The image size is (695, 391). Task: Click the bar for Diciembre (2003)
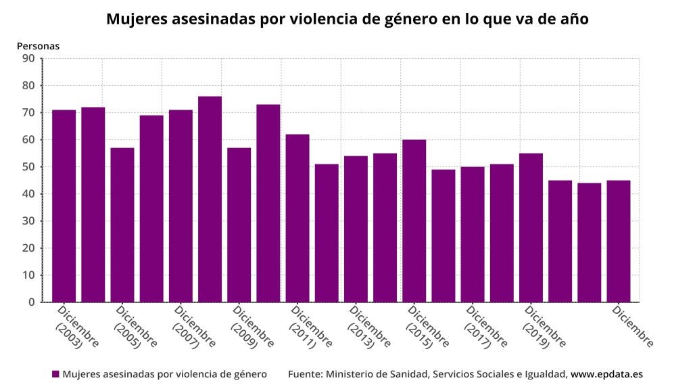tap(64, 206)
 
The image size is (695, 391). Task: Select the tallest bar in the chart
tap(210, 199)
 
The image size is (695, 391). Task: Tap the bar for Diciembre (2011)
tap(297, 218)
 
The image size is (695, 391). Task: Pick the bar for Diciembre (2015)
tap(414, 221)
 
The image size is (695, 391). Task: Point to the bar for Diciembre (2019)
tap(531, 227)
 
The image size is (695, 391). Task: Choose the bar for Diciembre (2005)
tap(122, 225)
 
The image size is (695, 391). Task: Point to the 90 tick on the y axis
tap(28, 58)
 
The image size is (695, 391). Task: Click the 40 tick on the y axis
tap(28, 194)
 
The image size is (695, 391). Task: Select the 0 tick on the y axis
tap(31, 302)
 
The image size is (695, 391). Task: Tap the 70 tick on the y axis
tap(28, 113)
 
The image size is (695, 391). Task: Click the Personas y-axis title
tap(38, 46)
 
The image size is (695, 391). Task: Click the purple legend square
tap(55, 374)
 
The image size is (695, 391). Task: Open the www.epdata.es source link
tap(606, 374)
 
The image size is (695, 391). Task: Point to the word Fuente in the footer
tap(305, 374)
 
